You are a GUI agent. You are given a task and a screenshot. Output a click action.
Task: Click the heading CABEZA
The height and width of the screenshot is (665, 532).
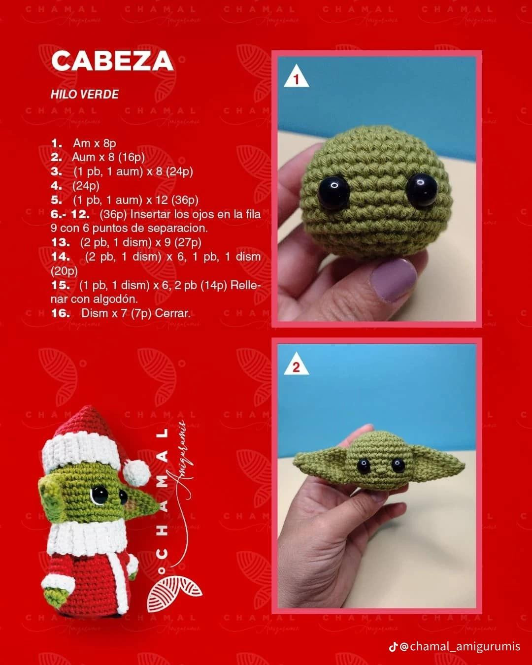(112, 61)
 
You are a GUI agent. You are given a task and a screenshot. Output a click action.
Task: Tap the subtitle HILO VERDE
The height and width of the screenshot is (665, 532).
(84, 95)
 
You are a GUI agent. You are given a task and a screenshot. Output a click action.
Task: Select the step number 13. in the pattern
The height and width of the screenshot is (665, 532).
(60, 242)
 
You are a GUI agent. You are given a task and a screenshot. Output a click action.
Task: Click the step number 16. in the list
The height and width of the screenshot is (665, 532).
(60, 313)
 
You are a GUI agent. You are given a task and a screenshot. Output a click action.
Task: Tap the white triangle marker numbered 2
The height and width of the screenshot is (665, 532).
(296, 366)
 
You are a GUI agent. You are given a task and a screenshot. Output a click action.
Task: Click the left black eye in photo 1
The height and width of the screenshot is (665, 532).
(331, 193)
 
